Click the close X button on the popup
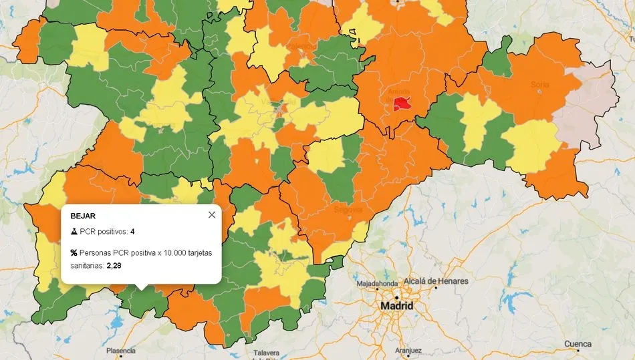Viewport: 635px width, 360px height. click(212, 214)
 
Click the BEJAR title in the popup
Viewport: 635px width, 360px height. click(82, 215)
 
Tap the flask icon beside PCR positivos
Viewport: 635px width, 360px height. click(74, 232)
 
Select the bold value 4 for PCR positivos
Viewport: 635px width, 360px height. click(133, 232)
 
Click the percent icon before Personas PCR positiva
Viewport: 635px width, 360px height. click(74, 253)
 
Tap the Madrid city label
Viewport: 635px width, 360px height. click(396, 306)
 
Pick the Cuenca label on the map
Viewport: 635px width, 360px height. click(578, 345)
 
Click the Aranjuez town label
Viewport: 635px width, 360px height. click(408, 350)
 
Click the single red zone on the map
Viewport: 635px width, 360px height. click(401, 104)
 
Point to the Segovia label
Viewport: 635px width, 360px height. click(348, 209)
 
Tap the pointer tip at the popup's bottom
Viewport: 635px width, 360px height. click(141, 288)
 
